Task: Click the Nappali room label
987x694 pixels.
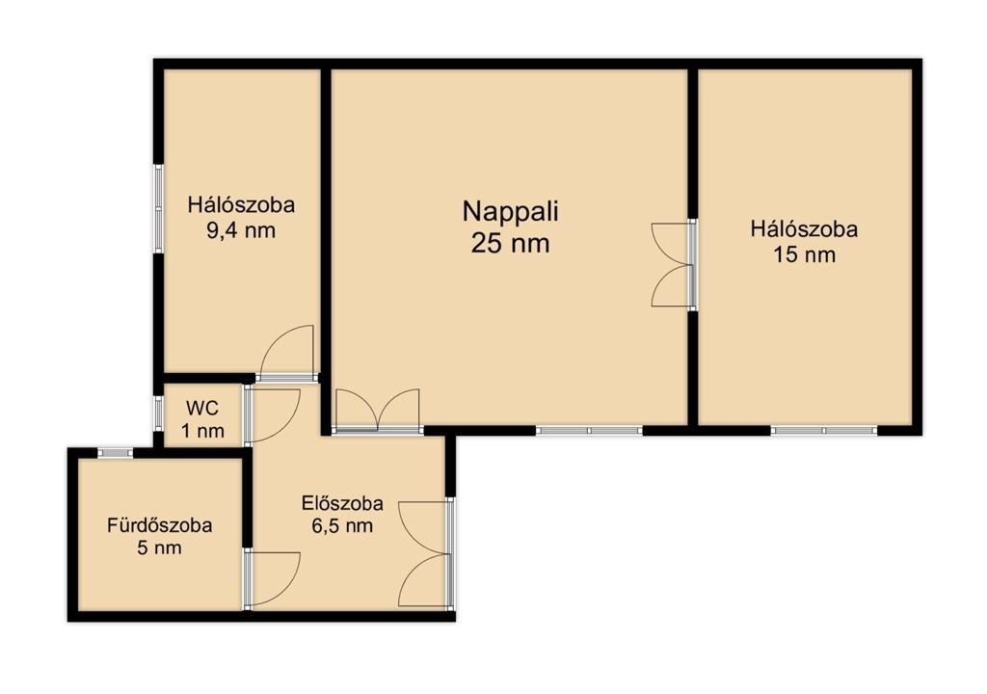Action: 511,213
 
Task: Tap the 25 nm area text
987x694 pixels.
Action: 511,243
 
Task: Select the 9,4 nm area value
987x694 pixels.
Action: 241,230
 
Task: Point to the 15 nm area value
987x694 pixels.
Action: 805,255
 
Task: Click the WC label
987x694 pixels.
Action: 202,408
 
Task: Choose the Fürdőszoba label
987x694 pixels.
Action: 159,525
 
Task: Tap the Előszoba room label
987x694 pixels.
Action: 342,503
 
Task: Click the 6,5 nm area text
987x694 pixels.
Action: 342,526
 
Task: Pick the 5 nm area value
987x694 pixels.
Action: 159,547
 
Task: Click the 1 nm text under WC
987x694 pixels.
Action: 202,432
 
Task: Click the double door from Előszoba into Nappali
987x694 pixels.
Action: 378,411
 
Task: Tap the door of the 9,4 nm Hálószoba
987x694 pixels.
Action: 287,353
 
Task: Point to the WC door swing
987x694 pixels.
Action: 272,414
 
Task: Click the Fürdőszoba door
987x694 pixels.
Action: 272,579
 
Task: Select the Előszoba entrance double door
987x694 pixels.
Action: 426,554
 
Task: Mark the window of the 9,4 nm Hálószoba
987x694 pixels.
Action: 159,209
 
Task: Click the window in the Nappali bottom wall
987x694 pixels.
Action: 589,431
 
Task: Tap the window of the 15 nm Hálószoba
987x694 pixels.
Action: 824,431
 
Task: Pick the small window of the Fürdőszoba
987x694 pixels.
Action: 116,453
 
